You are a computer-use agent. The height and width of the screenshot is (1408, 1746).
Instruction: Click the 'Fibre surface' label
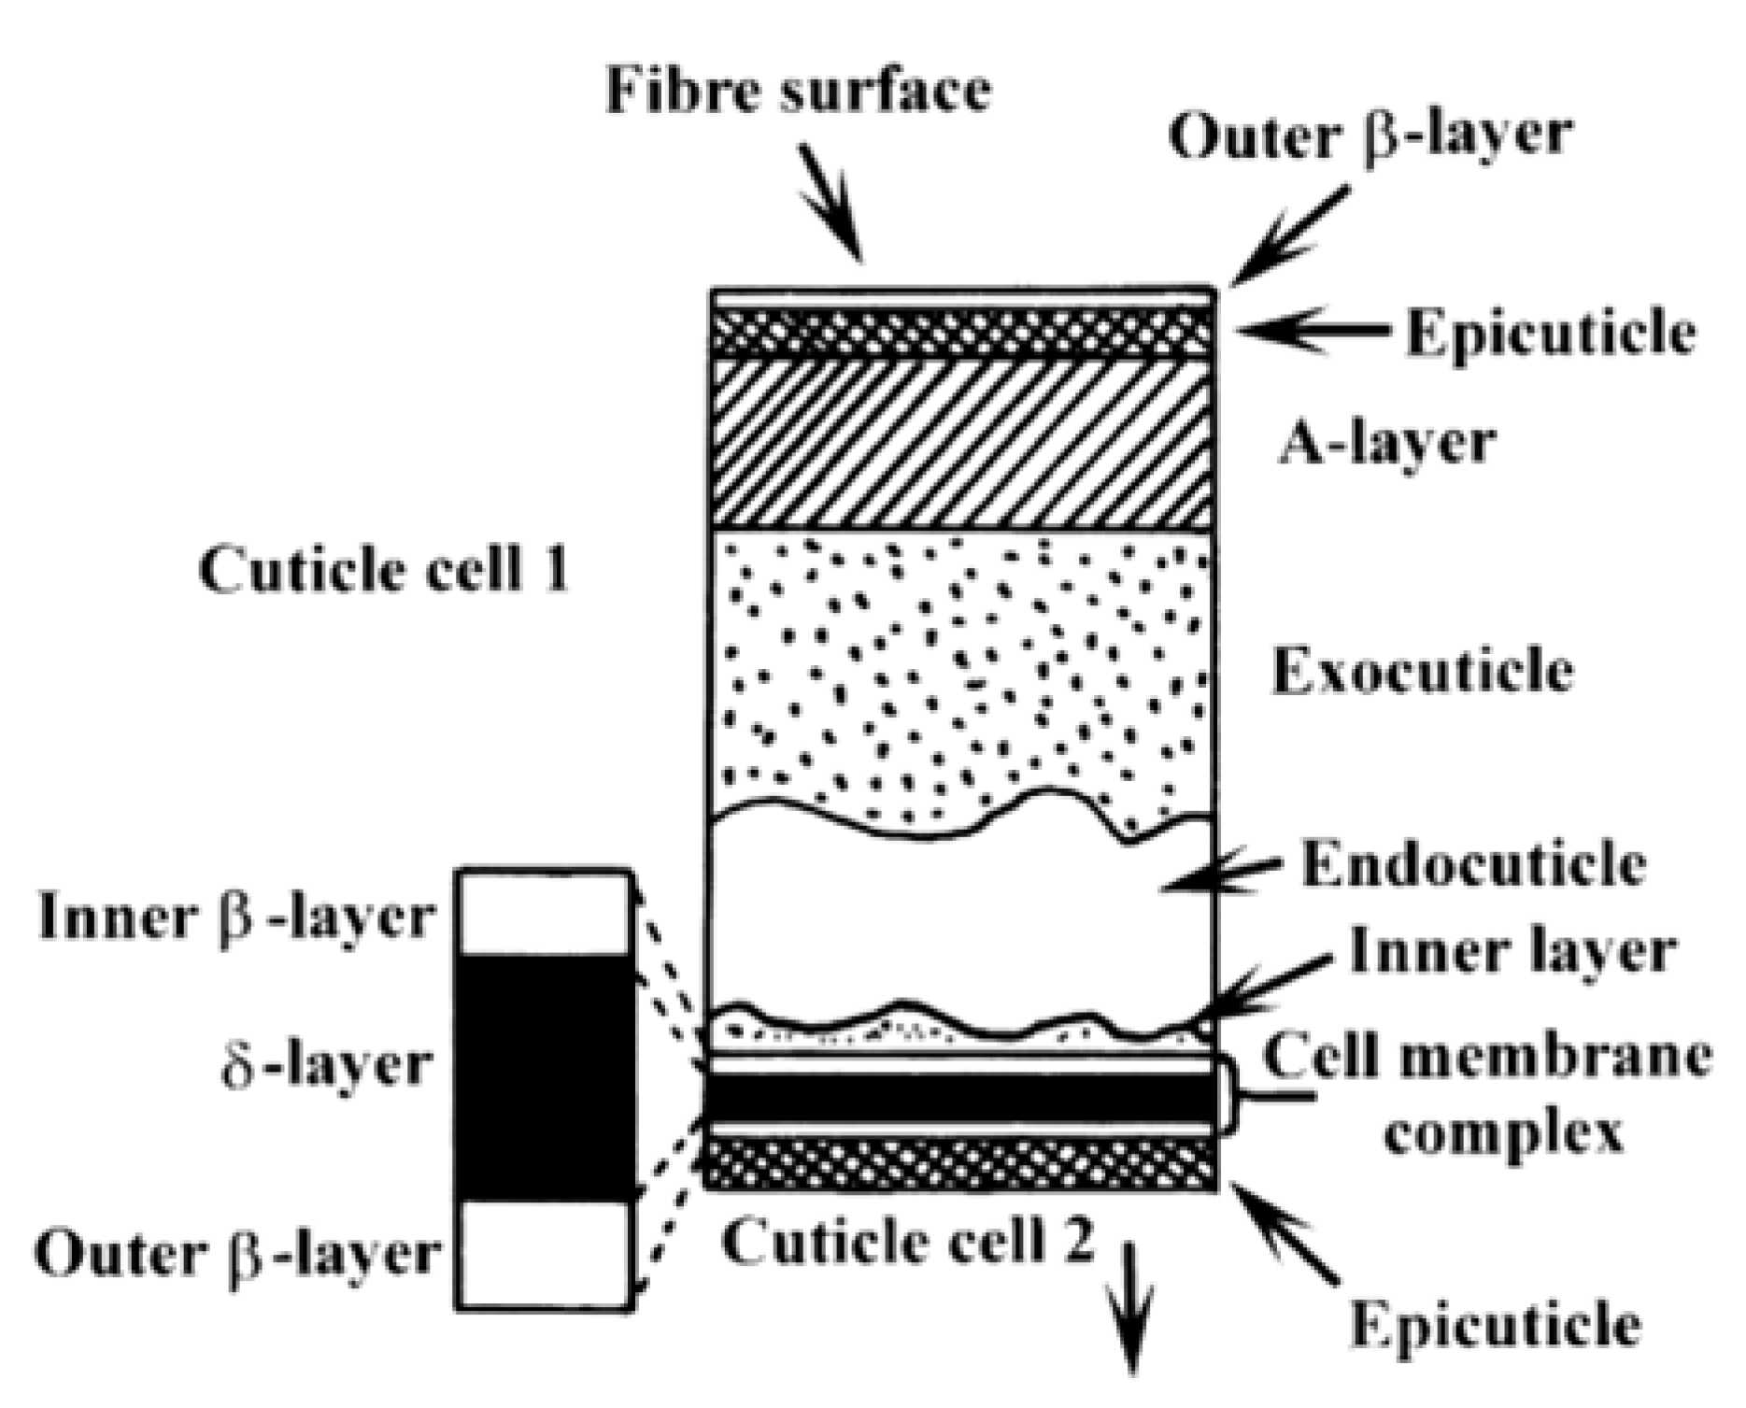click(x=799, y=91)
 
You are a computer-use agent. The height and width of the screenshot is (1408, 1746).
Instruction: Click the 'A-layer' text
click(x=1387, y=442)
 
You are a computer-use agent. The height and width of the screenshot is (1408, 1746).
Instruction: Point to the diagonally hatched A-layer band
click(x=962, y=444)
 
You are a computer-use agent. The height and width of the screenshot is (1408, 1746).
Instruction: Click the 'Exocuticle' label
click(x=1423, y=670)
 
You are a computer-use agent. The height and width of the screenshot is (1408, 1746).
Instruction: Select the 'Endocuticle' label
click(x=1473, y=864)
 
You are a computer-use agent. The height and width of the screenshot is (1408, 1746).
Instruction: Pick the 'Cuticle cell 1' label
click(x=384, y=569)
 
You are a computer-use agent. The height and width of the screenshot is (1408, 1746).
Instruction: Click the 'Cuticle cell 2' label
click(x=907, y=1242)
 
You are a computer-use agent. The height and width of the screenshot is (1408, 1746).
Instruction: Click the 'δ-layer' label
click(x=327, y=1065)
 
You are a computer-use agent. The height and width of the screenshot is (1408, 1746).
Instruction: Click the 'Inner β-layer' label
click(x=236, y=917)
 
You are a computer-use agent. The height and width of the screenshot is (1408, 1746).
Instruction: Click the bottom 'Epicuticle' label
click(x=1495, y=1324)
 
